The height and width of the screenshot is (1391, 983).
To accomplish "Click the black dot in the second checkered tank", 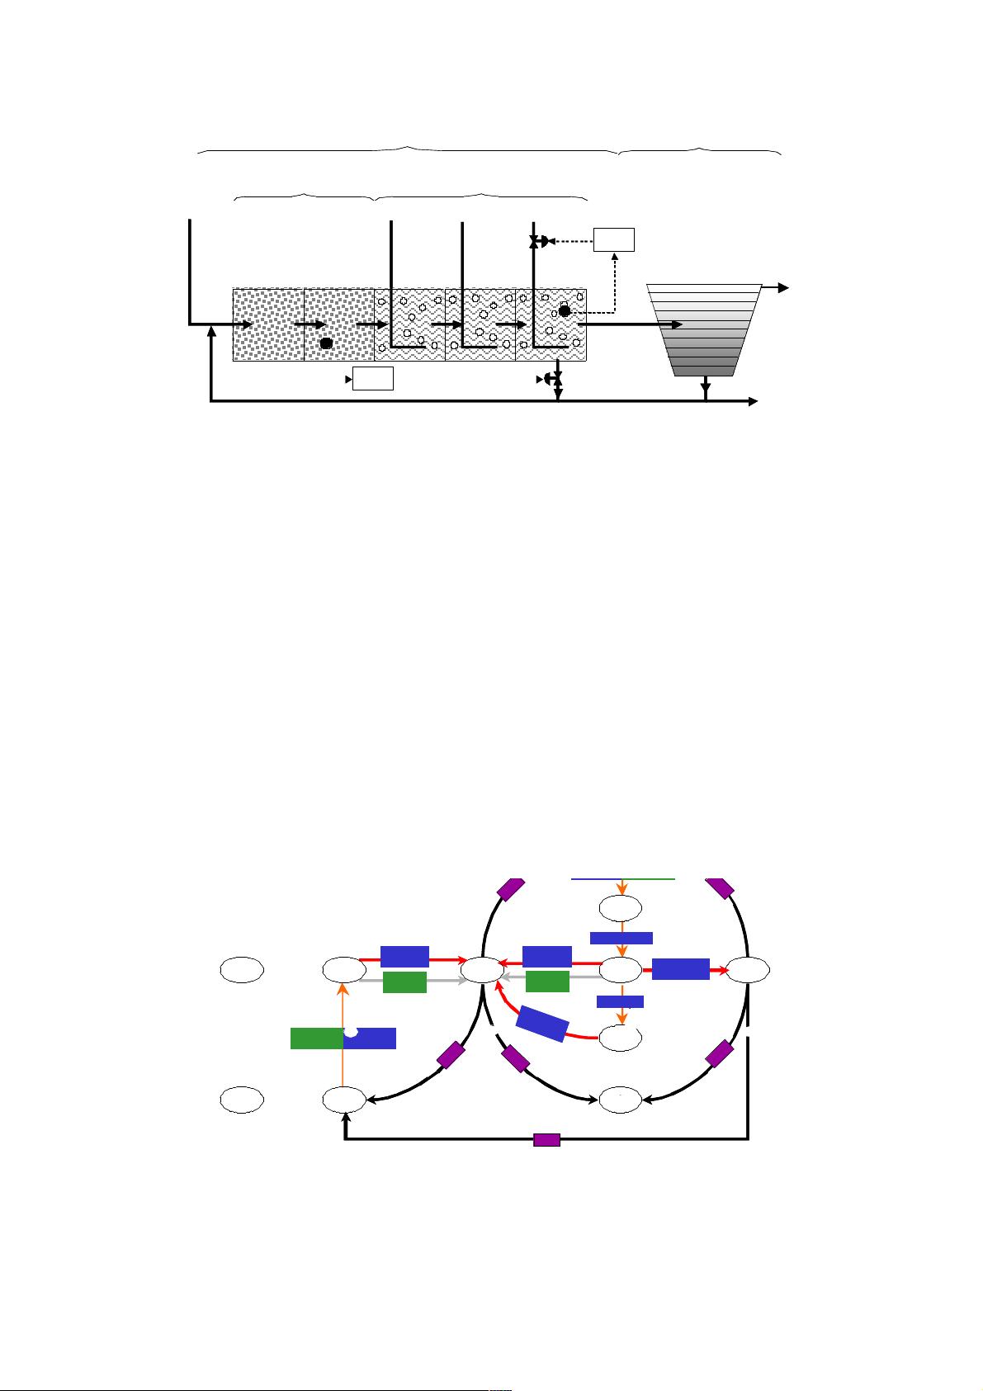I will pos(326,343).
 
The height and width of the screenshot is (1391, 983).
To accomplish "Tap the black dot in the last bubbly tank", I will pos(565,310).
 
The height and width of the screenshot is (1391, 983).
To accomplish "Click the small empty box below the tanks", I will pos(372,379).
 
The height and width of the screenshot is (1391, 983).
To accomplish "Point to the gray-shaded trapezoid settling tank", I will pos(704,329).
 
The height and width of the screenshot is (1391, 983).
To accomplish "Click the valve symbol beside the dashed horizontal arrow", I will pos(541,241).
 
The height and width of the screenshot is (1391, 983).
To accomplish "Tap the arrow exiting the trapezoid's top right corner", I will pos(776,287).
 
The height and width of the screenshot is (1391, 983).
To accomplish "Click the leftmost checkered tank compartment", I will pos(268,324).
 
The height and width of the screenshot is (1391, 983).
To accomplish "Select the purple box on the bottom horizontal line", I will pos(546,1140).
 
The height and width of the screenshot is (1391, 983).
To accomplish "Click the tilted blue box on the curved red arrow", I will pos(542,1024).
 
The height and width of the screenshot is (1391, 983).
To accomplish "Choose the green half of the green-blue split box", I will pos(317,1038).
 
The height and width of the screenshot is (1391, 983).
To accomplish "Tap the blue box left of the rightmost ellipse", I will pos(680,969).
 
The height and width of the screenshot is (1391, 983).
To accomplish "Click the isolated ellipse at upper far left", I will pos(242,969).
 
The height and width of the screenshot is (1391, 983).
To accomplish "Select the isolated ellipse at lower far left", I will pos(242,1099).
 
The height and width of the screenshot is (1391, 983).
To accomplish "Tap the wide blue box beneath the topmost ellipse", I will pos(621,938).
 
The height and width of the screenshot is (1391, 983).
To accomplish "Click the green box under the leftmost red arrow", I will pos(404,982).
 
